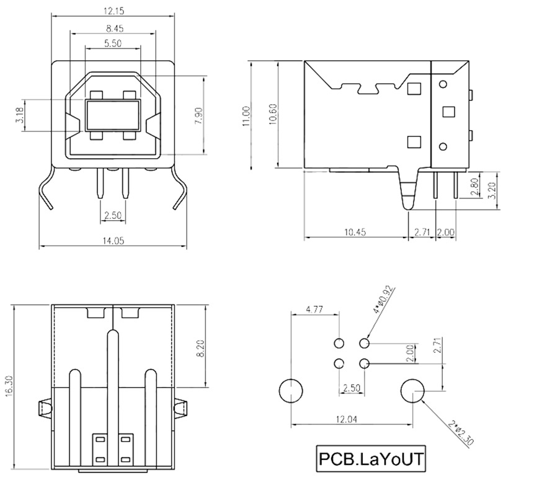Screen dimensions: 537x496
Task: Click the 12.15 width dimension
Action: click(113, 11)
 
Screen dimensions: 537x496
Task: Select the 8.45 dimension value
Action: click(114, 29)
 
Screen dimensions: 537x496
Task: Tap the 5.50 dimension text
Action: click(113, 43)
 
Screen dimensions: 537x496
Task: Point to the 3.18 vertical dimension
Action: click(20, 115)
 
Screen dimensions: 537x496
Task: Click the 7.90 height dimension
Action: click(198, 116)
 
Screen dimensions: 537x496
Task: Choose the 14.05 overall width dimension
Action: click(113, 241)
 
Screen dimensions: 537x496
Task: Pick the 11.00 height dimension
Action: click(246, 117)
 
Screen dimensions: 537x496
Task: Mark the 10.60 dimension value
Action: click(273, 114)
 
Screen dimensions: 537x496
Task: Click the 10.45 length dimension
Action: click(355, 232)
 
